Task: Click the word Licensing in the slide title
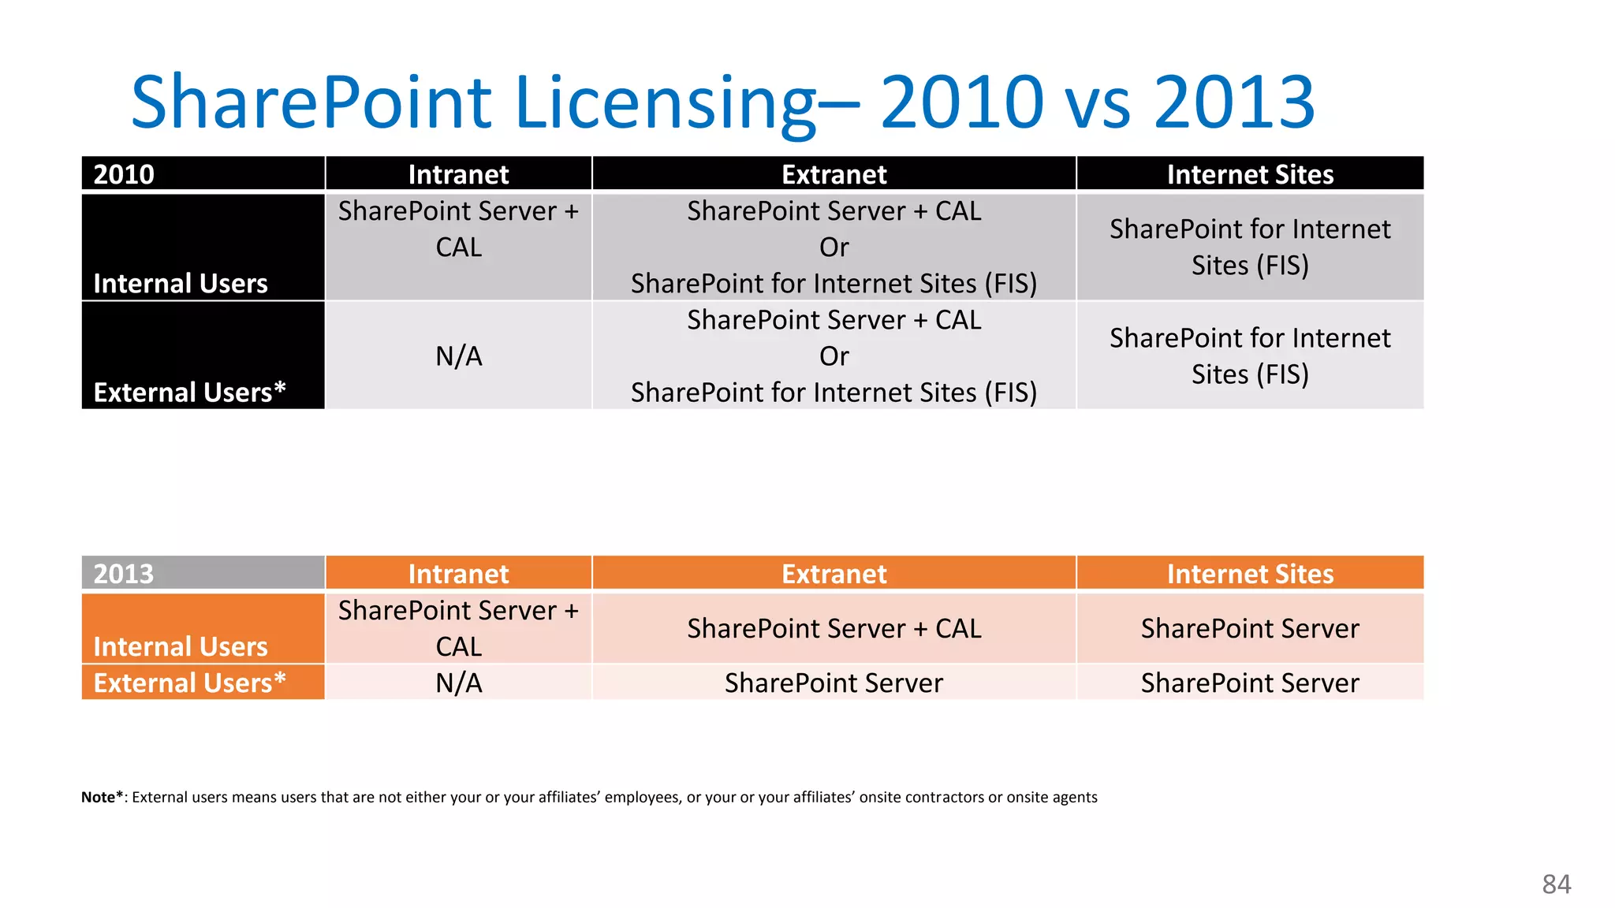click(666, 102)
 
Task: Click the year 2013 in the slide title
click(1234, 102)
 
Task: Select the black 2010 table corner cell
click(203, 173)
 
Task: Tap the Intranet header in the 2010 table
click(458, 173)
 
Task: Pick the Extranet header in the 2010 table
click(834, 173)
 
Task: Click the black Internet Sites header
click(1250, 173)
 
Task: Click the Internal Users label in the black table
click(181, 283)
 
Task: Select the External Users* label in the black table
click(189, 392)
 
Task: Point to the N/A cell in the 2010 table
click(458, 355)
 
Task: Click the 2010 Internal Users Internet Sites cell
click(1250, 247)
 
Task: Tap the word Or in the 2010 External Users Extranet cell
click(834, 355)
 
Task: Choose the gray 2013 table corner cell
click(203, 573)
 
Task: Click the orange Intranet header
click(458, 573)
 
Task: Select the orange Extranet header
click(834, 573)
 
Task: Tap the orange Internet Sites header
click(1250, 573)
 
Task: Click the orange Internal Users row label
click(181, 646)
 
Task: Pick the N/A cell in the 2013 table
click(458, 683)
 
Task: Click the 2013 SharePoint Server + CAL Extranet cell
click(834, 628)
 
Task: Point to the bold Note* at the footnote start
click(102, 797)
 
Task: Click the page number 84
click(1556, 884)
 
